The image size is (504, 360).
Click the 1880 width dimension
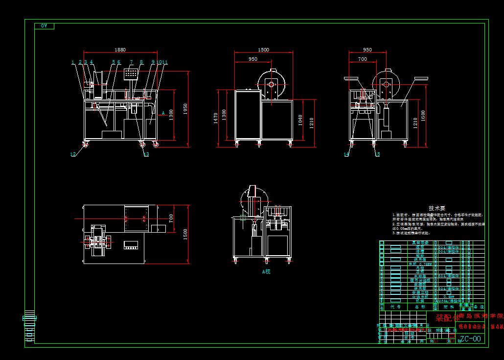click(x=120, y=49)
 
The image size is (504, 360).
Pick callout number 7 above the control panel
click(x=131, y=62)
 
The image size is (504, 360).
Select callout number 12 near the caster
click(x=73, y=154)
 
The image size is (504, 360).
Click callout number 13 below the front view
click(x=146, y=154)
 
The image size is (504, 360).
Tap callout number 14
click(x=346, y=154)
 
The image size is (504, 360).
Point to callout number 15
click(x=377, y=154)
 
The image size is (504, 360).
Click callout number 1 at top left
click(x=73, y=62)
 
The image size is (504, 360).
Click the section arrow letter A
click(x=163, y=112)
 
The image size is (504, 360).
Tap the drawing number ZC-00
click(x=470, y=338)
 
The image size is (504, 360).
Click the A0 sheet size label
click(x=44, y=25)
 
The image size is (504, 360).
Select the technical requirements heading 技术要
click(x=436, y=208)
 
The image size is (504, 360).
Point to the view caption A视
click(x=266, y=271)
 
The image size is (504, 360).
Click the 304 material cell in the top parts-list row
click(x=448, y=247)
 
